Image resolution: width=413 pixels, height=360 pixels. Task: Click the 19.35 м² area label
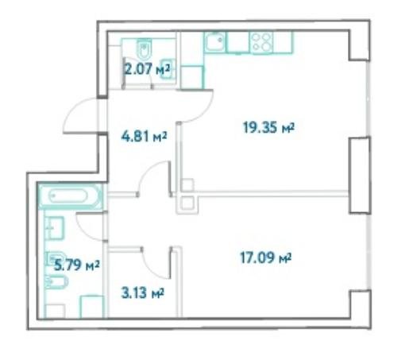(268, 127)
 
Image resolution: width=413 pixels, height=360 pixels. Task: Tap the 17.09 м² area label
(265, 257)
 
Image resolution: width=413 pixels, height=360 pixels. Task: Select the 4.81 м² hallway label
(144, 137)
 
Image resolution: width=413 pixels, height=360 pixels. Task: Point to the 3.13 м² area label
(142, 293)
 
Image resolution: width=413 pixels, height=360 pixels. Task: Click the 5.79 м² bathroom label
(76, 265)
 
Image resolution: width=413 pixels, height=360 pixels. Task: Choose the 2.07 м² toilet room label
(147, 69)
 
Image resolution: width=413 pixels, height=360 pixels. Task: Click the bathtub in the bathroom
(70, 196)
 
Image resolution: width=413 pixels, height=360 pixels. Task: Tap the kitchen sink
(214, 42)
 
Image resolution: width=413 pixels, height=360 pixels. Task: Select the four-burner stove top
(261, 42)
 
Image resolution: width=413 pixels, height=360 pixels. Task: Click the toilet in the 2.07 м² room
(144, 48)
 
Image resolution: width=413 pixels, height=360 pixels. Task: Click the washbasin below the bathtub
(54, 228)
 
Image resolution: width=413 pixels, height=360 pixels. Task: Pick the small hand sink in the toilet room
(168, 69)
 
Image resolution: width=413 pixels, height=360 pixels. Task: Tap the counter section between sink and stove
(237, 42)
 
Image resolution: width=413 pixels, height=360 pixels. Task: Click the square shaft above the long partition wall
(187, 185)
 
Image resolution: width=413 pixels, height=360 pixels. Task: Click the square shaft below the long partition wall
(187, 204)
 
